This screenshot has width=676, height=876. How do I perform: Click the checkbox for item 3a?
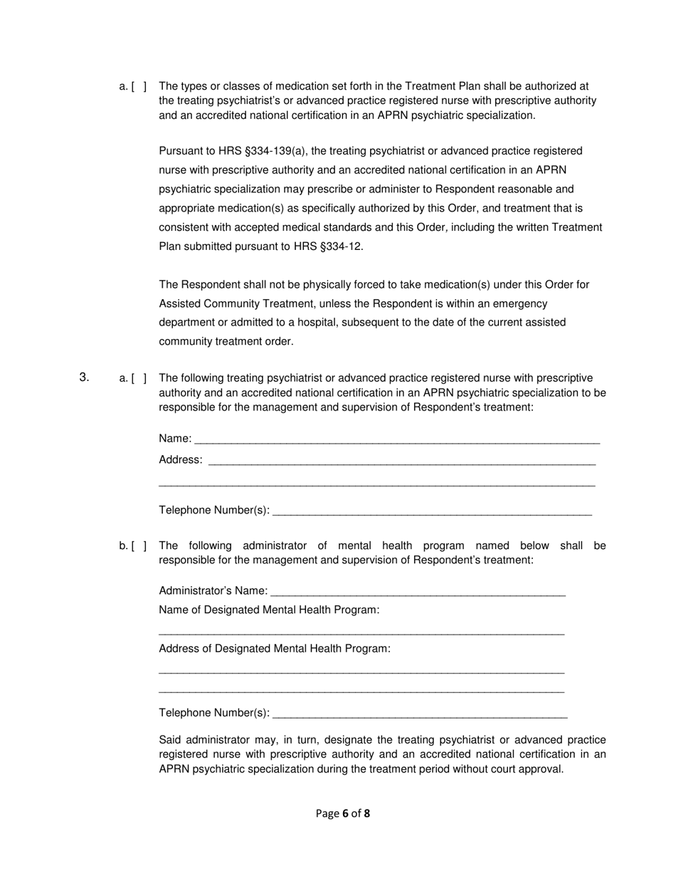tap(139, 378)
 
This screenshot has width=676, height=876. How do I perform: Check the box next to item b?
tap(139, 546)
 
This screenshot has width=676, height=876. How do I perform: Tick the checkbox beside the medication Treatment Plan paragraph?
tap(139, 86)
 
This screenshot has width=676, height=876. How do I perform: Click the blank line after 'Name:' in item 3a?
tap(396, 439)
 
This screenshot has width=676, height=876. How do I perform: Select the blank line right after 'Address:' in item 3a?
tap(402, 460)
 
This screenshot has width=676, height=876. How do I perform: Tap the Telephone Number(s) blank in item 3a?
tap(432, 511)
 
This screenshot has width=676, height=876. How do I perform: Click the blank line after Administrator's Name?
tap(418, 591)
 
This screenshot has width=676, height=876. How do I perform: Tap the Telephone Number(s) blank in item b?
tap(420, 714)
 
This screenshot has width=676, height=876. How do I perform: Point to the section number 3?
tap(84, 377)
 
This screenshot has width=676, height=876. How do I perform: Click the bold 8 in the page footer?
tap(367, 813)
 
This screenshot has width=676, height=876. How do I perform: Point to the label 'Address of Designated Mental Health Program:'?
tap(275, 649)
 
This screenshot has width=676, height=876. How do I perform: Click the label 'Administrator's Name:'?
tap(213, 591)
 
